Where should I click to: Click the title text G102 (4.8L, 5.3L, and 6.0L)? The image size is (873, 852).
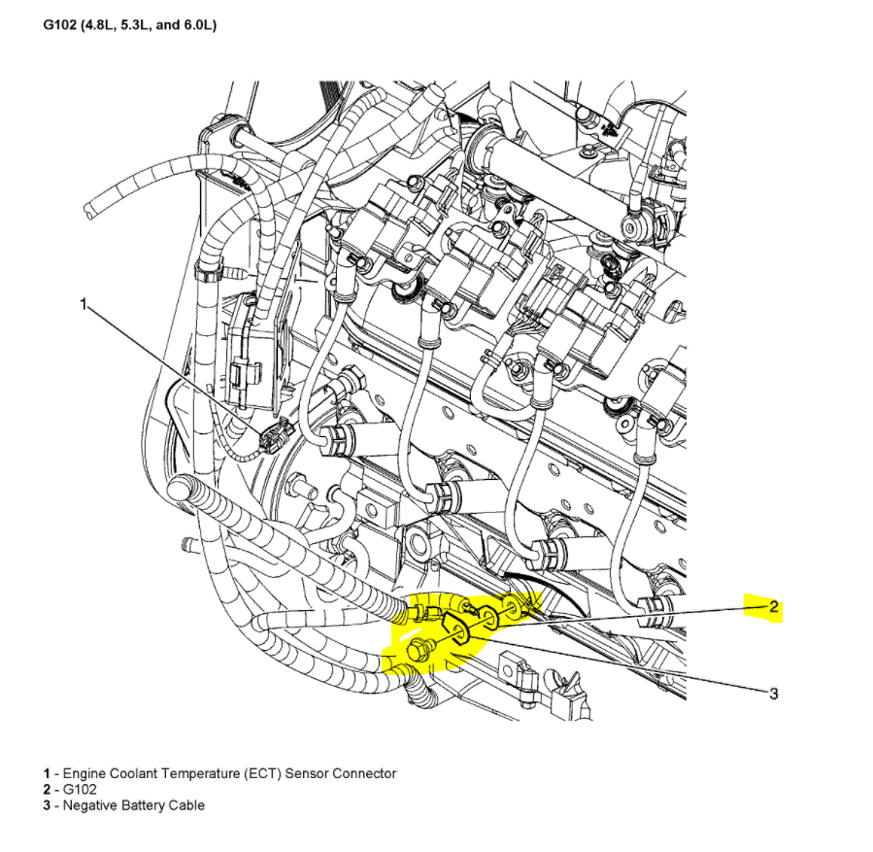(x=129, y=24)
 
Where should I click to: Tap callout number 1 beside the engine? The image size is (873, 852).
(x=84, y=305)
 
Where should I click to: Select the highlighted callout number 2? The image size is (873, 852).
(x=774, y=608)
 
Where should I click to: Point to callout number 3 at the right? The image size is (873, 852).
(x=774, y=693)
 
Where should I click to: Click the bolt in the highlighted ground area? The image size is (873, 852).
(x=419, y=653)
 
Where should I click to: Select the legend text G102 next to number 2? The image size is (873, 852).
(x=80, y=790)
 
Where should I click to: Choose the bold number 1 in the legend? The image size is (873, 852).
(x=46, y=773)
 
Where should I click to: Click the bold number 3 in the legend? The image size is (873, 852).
(x=46, y=805)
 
